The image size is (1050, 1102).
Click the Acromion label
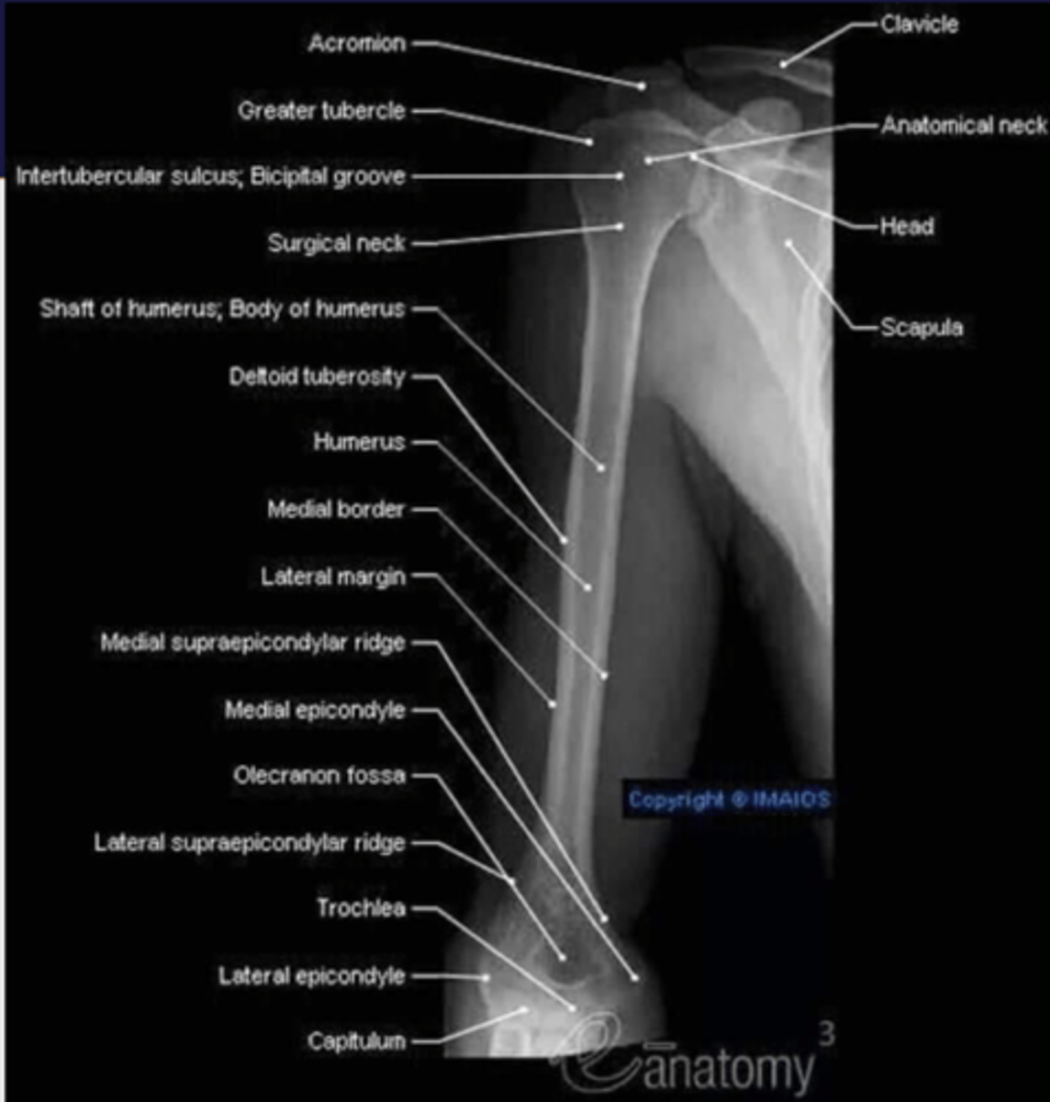tap(356, 43)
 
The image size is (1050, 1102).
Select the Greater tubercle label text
tap(321, 111)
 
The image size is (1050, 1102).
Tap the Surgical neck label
tap(336, 243)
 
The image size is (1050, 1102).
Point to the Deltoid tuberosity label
tap(317, 377)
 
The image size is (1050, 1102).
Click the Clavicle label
tap(919, 24)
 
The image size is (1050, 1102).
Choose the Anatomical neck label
tap(963, 126)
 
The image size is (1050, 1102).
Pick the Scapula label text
tap(922, 327)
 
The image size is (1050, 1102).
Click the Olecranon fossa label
tap(318, 775)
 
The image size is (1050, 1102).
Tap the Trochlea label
tap(361, 908)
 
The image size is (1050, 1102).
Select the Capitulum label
tap(356, 1041)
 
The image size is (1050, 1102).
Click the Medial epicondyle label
tap(315, 710)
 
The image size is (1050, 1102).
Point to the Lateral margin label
tap(332, 577)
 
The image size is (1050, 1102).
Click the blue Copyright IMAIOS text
tap(729, 800)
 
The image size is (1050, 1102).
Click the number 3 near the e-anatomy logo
tap(826, 1034)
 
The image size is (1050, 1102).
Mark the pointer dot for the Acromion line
tap(642, 86)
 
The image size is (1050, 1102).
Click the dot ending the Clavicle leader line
tap(783, 64)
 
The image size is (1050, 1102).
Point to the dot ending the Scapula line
tap(787, 243)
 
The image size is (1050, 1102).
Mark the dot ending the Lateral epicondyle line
tap(486, 977)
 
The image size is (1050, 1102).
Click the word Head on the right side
tap(907, 226)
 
